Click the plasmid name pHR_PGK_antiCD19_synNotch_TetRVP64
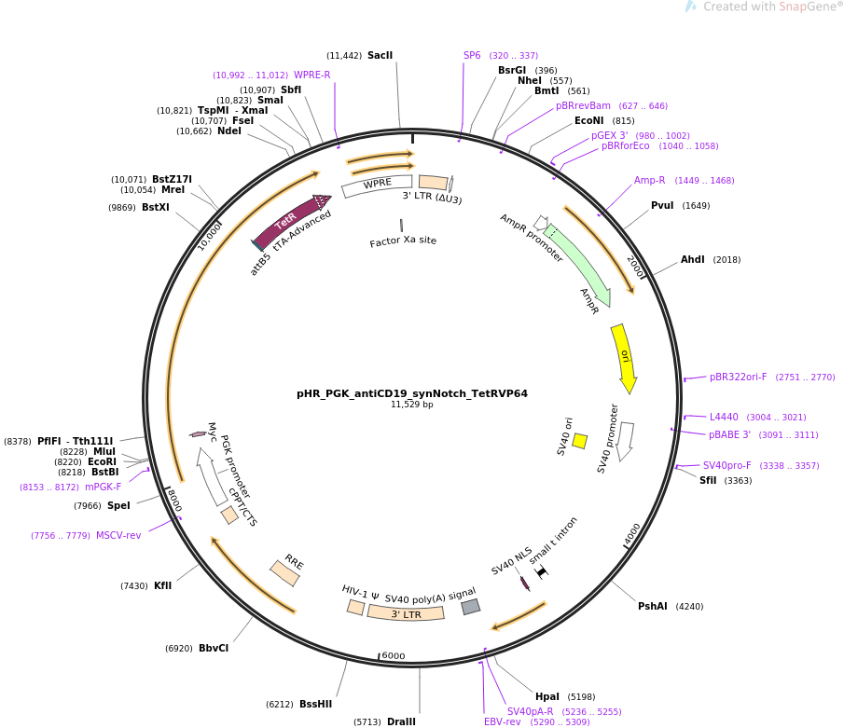(x=412, y=393)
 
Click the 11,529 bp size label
(x=412, y=405)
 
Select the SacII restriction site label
(x=380, y=56)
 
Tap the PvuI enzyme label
(x=662, y=206)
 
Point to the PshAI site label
(x=653, y=606)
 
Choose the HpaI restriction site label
(x=547, y=696)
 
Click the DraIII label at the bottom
(x=401, y=721)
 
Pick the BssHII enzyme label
(x=315, y=704)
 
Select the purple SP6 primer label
(x=472, y=56)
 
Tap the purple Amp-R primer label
(x=650, y=181)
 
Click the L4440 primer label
(x=724, y=417)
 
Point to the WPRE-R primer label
(x=312, y=76)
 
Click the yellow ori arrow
(x=624, y=357)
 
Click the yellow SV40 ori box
(x=580, y=441)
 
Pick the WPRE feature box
(x=377, y=185)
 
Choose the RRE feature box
(x=285, y=572)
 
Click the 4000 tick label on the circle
(x=633, y=535)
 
